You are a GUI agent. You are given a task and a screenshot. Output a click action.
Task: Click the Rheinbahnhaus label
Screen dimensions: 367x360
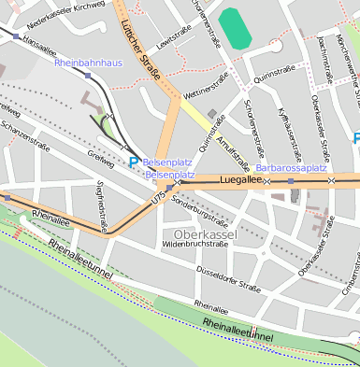89,63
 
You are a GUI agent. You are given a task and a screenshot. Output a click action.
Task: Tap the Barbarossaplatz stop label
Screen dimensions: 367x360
291,168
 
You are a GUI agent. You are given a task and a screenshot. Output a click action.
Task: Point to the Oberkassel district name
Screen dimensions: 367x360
204,233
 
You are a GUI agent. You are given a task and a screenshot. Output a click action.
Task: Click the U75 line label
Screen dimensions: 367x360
157,199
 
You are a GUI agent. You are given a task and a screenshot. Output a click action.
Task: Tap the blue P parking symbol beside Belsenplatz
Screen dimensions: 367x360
134,162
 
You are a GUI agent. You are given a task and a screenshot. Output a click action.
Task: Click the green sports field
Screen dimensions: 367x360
235,28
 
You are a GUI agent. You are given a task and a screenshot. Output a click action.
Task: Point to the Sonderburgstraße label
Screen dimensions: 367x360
200,212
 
